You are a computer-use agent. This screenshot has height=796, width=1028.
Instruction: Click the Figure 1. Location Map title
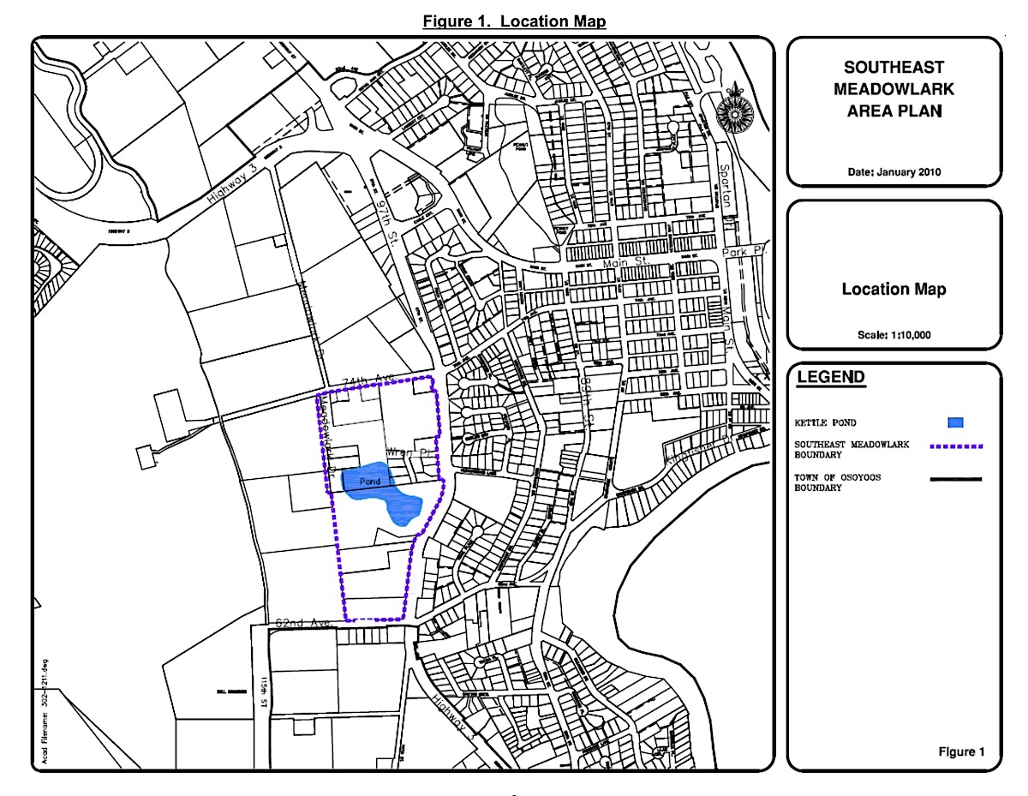point(515,21)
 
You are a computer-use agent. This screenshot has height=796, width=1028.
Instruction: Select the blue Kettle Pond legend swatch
point(956,422)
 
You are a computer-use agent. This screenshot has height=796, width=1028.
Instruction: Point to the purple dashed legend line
point(955,446)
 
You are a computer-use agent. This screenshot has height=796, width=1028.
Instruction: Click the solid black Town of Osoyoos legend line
point(955,480)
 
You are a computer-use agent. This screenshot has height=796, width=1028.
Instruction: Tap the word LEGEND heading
point(831,378)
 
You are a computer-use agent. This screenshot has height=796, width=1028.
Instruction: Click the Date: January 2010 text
point(894,171)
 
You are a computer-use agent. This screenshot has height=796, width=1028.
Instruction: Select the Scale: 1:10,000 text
point(894,334)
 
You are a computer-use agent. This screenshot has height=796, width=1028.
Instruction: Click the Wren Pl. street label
point(407,452)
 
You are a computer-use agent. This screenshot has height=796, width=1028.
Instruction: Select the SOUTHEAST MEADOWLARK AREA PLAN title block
point(894,88)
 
